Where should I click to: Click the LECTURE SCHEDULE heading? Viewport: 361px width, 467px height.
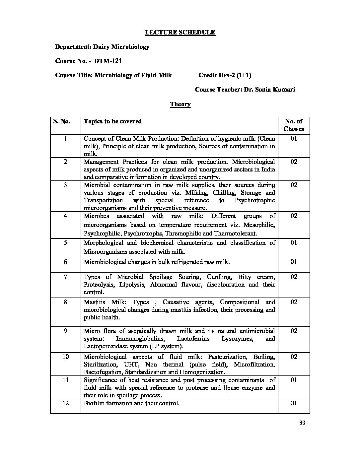(180, 33)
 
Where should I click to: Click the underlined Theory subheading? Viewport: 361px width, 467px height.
(180, 104)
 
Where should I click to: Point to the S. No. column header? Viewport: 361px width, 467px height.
(61, 121)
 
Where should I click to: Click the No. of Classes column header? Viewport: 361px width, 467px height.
(294, 125)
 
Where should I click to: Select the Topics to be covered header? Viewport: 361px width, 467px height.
(113, 121)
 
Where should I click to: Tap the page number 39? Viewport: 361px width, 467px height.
(302, 423)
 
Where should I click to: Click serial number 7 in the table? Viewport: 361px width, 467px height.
(65, 277)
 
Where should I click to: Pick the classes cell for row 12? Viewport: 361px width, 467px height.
(294, 403)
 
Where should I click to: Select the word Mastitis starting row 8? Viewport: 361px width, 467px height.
(95, 302)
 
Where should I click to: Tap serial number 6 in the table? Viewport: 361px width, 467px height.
(65, 262)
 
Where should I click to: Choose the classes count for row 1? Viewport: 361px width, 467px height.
(294, 139)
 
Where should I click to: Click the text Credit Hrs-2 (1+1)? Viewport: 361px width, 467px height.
(225, 75)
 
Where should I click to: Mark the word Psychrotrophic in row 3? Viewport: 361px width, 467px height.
(254, 200)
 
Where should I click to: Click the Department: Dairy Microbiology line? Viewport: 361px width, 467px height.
(102, 47)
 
